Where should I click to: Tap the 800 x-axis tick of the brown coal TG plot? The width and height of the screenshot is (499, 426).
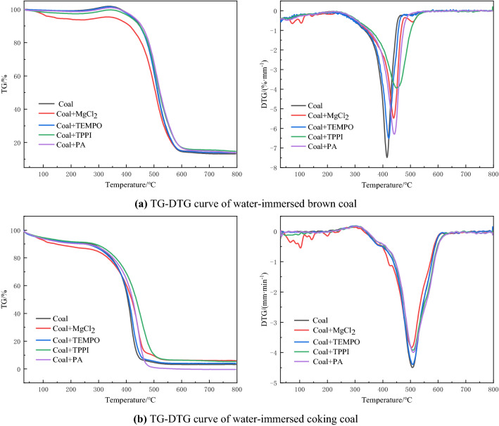point(236,175)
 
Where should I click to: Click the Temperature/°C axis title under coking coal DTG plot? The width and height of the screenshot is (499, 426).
point(386,401)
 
